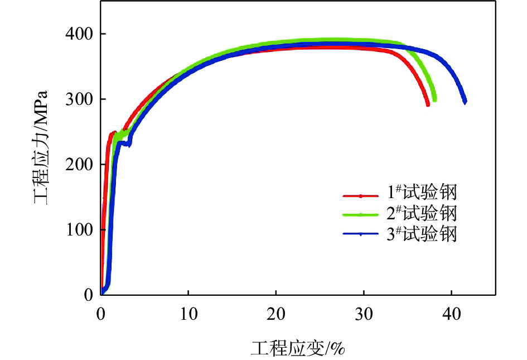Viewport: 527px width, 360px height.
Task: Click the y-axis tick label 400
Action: (80, 35)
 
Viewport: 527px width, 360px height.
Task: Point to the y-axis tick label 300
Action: (80, 99)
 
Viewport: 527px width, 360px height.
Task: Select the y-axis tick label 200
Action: (80, 165)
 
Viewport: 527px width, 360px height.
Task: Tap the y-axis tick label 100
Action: (80, 230)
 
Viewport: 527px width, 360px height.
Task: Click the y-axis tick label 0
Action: (88, 295)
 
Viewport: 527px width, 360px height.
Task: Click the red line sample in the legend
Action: (361, 196)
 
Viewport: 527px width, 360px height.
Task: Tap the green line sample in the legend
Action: (361, 214)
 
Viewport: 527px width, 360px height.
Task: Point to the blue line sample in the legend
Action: (361, 234)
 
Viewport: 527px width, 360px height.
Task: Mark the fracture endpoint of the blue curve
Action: (465, 102)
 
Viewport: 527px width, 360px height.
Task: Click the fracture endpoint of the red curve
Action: (428, 104)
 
